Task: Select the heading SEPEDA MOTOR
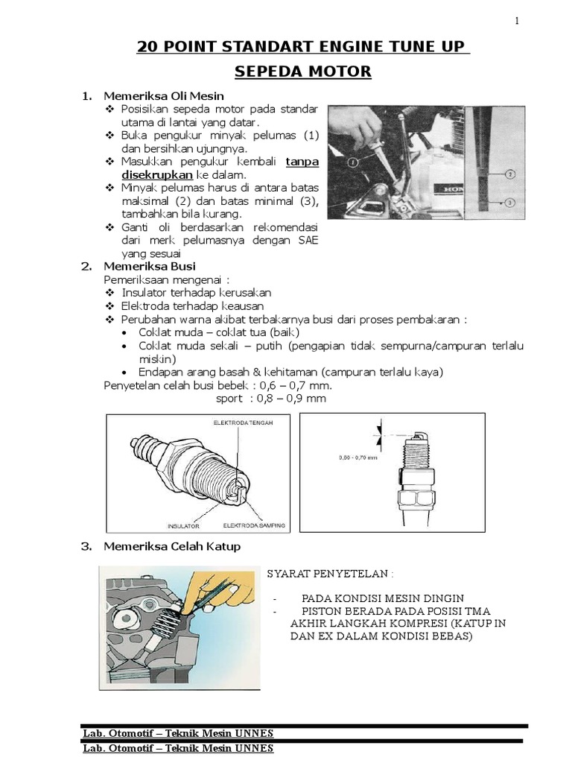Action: point(302,72)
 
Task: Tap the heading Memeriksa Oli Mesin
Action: point(163,96)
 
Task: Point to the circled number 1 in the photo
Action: point(352,161)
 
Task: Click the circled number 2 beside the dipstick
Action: point(510,174)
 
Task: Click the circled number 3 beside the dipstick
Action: point(510,202)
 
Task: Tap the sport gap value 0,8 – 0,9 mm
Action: point(291,399)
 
